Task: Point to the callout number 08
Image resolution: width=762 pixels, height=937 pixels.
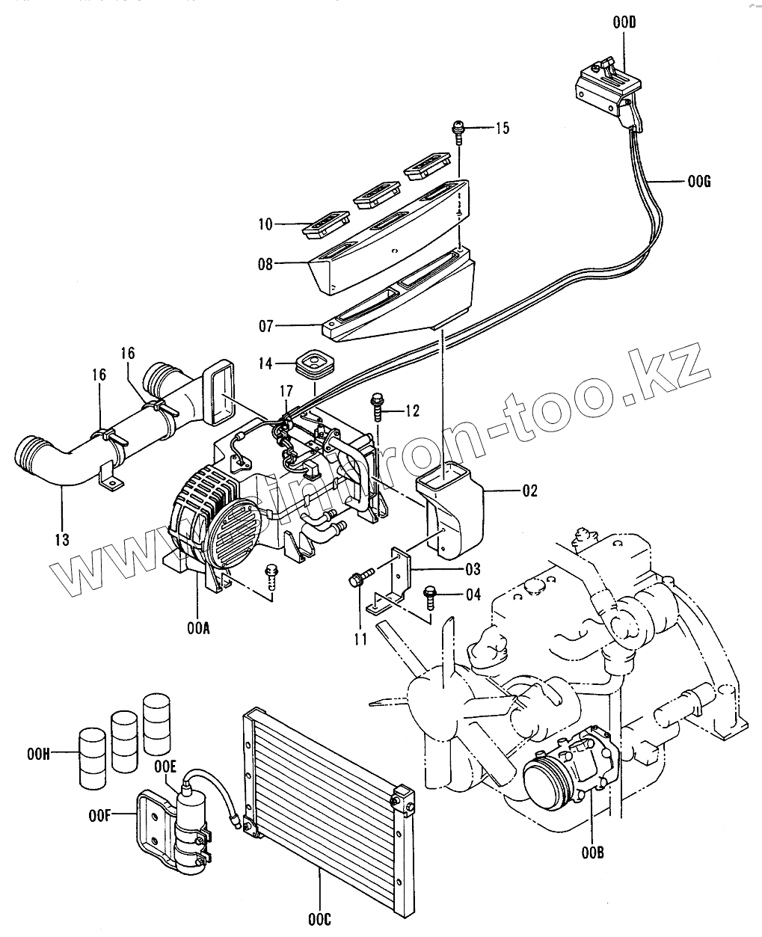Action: coord(265,263)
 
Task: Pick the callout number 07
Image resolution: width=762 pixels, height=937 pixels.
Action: coord(265,326)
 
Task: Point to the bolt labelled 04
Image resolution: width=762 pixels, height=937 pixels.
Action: coord(431,596)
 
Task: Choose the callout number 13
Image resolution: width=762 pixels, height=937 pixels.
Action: coord(61,538)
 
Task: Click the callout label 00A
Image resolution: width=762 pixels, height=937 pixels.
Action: coord(198,628)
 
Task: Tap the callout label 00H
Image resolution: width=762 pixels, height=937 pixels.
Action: coord(37,755)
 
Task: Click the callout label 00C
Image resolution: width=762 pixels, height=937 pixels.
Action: coord(319,918)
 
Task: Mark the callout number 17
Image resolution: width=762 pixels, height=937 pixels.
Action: coord(287,390)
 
